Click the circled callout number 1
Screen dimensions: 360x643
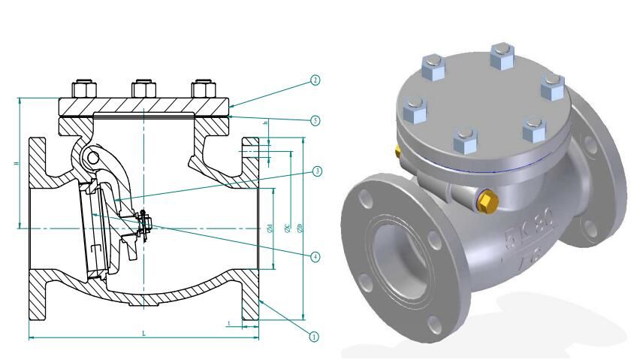(x=315, y=336)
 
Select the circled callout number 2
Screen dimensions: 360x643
(x=315, y=80)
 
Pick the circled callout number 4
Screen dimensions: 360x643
(x=315, y=256)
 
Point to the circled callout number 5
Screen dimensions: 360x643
(x=315, y=120)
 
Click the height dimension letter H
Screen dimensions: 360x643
(x=17, y=163)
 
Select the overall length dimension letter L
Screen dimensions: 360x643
(x=143, y=333)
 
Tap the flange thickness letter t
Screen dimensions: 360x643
(x=228, y=323)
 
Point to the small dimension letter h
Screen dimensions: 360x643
(x=265, y=123)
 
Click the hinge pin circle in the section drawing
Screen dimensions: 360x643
(x=92, y=158)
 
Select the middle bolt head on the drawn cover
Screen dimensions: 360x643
(x=143, y=89)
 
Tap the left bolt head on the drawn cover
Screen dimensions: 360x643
(x=83, y=89)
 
